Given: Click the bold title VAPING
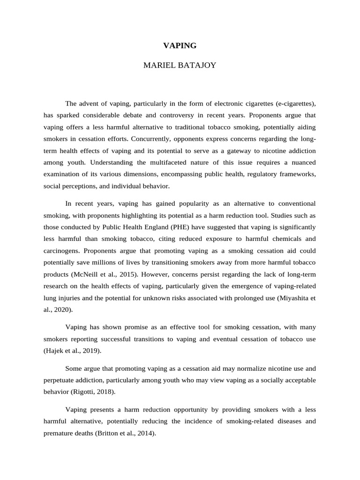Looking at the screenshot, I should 180,45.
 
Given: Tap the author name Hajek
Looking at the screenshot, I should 56,350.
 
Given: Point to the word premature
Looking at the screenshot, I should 58,433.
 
